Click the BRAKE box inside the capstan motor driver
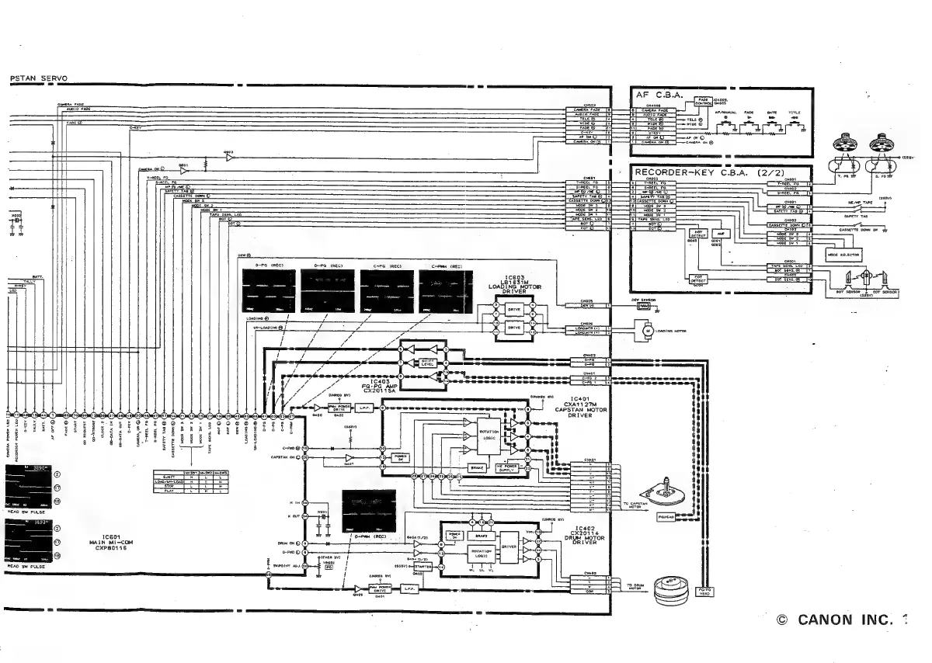click(476, 469)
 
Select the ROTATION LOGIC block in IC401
click(489, 435)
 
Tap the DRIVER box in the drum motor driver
click(509, 547)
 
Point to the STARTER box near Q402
click(424, 568)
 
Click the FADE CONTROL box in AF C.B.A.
click(704, 101)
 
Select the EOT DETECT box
click(697, 282)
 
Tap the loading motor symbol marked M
click(647, 331)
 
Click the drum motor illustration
click(672, 592)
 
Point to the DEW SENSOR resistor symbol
click(643, 306)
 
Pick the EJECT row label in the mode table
click(167, 475)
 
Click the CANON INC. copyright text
click(842, 620)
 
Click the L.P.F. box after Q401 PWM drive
click(409, 589)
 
